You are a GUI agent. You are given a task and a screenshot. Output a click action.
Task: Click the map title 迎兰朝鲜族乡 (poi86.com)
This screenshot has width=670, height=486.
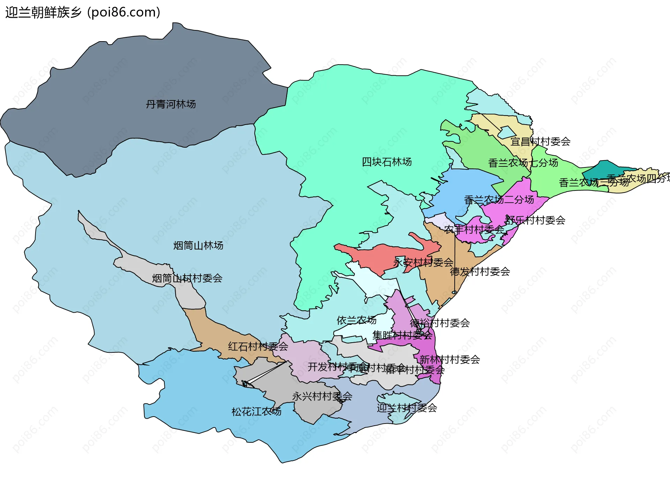[83, 12]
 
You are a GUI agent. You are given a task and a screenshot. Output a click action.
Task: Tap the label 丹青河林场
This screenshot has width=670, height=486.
[171, 104]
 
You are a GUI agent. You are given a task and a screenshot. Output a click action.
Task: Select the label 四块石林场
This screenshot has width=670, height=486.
[387, 162]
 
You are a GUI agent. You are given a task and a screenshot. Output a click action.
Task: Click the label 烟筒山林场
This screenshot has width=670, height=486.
[198, 246]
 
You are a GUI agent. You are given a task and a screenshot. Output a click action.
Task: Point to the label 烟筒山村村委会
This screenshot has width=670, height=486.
[187, 278]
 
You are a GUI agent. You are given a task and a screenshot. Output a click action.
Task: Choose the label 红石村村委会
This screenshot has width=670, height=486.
[258, 346]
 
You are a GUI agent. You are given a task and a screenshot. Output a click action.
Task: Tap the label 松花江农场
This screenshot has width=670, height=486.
[256, 412]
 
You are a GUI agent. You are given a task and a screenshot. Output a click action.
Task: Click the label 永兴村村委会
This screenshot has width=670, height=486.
[322, 396]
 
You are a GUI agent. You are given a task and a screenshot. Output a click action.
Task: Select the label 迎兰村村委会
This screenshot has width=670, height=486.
[407, 408]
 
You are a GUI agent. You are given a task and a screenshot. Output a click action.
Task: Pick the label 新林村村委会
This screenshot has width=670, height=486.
[449, 359]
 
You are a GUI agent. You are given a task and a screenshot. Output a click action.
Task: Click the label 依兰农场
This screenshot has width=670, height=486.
[356, 320]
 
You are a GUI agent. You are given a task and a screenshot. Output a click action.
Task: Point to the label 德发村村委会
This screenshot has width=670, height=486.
[480, 271]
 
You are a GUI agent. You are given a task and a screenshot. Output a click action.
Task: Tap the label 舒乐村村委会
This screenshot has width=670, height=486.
[535, 220]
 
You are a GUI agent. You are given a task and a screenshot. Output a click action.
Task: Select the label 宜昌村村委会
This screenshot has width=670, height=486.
[540, 142]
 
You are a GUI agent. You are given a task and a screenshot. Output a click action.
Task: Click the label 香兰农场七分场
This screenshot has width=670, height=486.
[523, 163]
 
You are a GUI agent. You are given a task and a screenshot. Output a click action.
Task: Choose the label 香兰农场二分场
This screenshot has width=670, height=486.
[499, 200]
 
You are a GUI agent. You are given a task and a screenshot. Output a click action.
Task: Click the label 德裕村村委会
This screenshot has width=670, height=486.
[440, 323]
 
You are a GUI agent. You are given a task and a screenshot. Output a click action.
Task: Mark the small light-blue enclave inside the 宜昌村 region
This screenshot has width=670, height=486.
[507, 132]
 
